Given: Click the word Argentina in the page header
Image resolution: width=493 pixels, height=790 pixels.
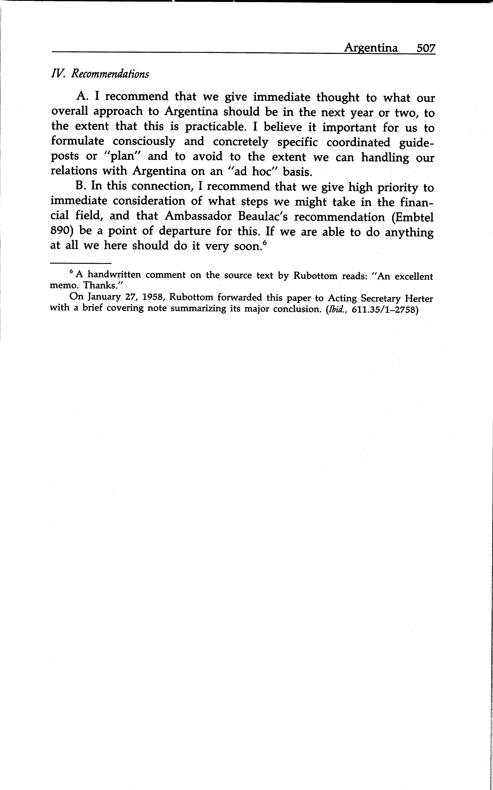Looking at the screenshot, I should pos(371,48).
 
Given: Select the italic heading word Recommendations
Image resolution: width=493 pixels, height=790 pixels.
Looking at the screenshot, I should pos(110,74).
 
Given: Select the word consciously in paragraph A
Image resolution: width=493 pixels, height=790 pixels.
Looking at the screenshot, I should pos(144,142).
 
